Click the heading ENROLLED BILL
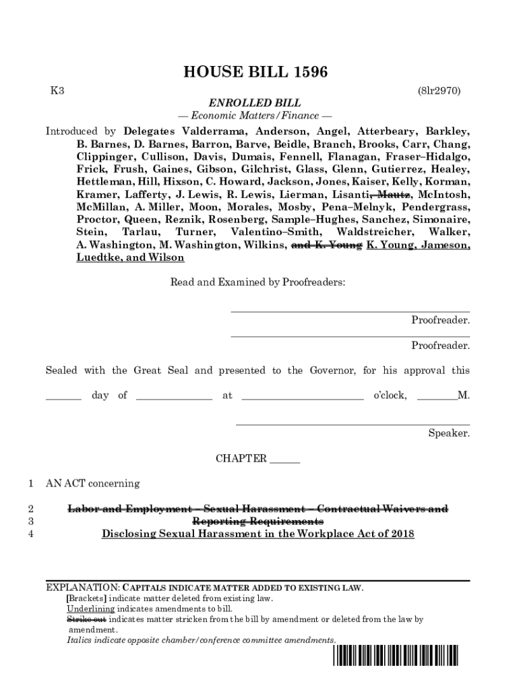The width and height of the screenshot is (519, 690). (254, 103)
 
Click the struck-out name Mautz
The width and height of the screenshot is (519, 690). (393, 194)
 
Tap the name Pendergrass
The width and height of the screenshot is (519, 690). (436, 207)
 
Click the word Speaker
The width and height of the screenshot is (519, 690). (449, 433)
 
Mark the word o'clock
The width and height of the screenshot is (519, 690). (390, 396)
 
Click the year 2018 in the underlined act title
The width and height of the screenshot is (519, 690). (400, 534)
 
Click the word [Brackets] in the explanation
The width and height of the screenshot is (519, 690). (86, 598)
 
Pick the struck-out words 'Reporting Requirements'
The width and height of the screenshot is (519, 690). (257, 522)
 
